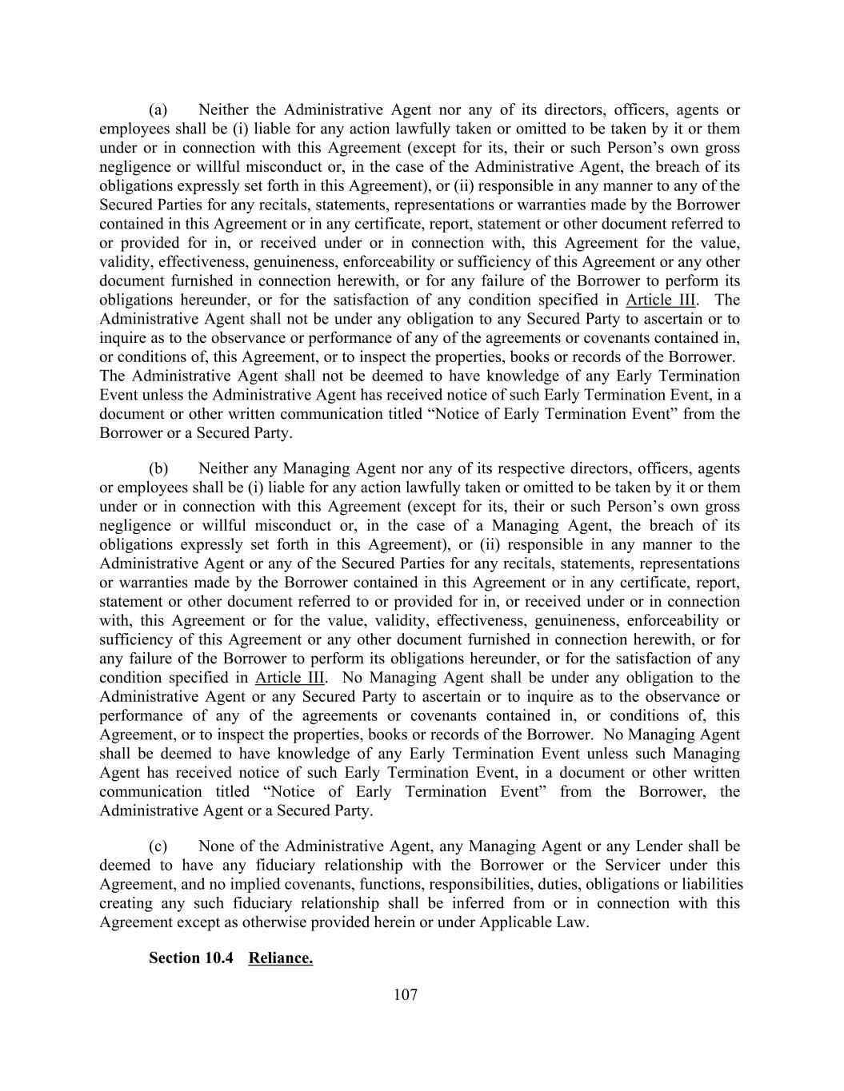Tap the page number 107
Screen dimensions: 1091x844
click(x=406, y=995)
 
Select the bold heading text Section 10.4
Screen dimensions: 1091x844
click(x=190, y=958)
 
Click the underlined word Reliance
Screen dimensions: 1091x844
click(x=280, y=958)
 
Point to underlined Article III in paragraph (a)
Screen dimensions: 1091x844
click(x=660, y=301)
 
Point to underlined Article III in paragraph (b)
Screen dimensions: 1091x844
click(x=290, y=678)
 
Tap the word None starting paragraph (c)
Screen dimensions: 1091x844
click(x=216, y=846)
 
